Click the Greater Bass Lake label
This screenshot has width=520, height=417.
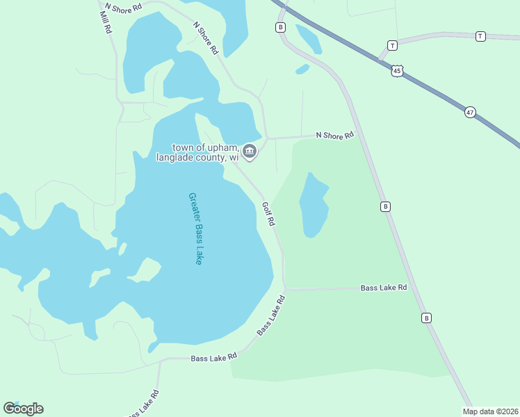pyautogui.click(x=195, y=228)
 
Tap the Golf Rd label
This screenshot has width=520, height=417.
pyautogui.click(x=269, y=213)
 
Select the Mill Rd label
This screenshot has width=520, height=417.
pyautogui.click(x=106, y=22)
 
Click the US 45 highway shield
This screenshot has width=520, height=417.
pyautogui.click(x=397, y=71)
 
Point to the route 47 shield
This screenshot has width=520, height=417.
pyautogui.click(x=471, y=112)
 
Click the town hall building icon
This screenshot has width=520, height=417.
pyautogui.click(x=250, y=151)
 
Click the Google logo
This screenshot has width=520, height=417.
pyautogui.click(x=23, y=408)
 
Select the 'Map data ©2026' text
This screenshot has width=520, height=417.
pyautogui.click(x=490, y=411)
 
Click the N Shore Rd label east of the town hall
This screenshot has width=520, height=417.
pyautogui.click(x=334, y=136)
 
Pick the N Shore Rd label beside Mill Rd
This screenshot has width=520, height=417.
pyautogui.click(x=123, y=5)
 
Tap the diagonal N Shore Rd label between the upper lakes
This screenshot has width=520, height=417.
pyautogui.click(x=205, y=38)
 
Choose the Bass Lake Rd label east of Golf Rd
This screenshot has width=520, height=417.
pyautogui.click(x=383, y=288)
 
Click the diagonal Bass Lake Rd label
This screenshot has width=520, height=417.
pyautogui.click(x=271, y=316)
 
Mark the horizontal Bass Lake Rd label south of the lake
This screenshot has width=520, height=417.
pyautogui.click(x=213, y=356)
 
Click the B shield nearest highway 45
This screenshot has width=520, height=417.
pyautogui.click(x=280, y=27)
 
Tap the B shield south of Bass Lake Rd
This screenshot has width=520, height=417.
pyautogui.click(x=426, y=318)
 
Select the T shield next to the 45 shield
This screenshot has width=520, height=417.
pyautogui.click(x=392, y=46)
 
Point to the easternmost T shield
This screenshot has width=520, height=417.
pyautogui.click(x=480, y=36)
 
